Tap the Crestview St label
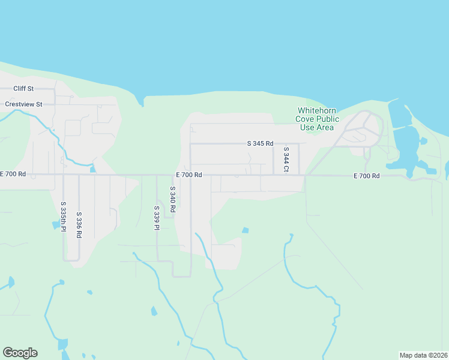pyautogui.click(x=23, y=104)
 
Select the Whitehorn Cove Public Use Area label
pyautogui.click(x=317, y=119)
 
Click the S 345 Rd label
pyautogui.click(x=260, y=143)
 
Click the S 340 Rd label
pyautogui.click(x=172, y=199)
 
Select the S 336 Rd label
pyautogui.click(x=79, y=225)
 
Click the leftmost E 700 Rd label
pyautogui.click(x=13, y=174)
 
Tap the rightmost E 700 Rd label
pyautogui.click(x=367, y=176)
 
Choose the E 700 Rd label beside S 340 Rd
pyautogui.click(x=188, y=175)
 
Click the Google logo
pyautogui.click(x=20, y=352)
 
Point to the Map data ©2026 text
pyautogui.click(x=423, y=355)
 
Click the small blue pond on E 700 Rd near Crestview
pyautogui.click(x=92, y=169)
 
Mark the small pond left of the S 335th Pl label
pyautogui.click(x=56, y=226)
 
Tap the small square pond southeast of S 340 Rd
pyautogui.click(x=245, y=230)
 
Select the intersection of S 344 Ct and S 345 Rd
pyautogui.click(x=274, y=144)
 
